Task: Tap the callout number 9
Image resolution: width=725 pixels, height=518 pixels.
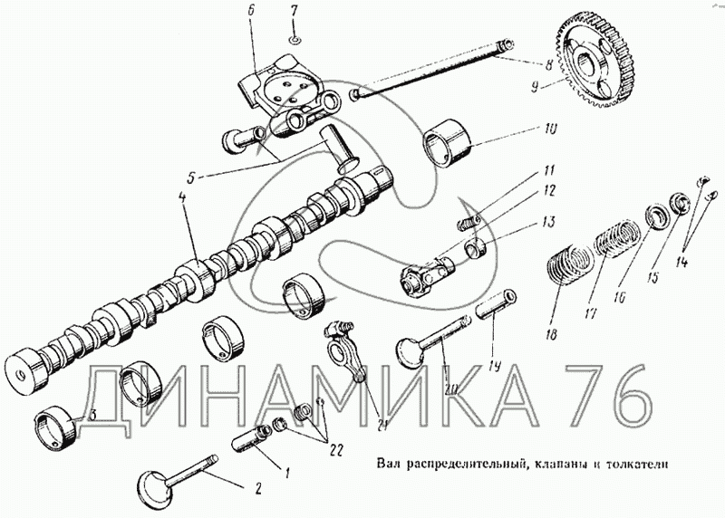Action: [535, 86]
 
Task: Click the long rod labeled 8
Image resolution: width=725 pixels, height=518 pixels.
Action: [432, 70]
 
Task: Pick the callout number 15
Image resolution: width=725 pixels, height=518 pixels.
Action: [652, 277]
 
